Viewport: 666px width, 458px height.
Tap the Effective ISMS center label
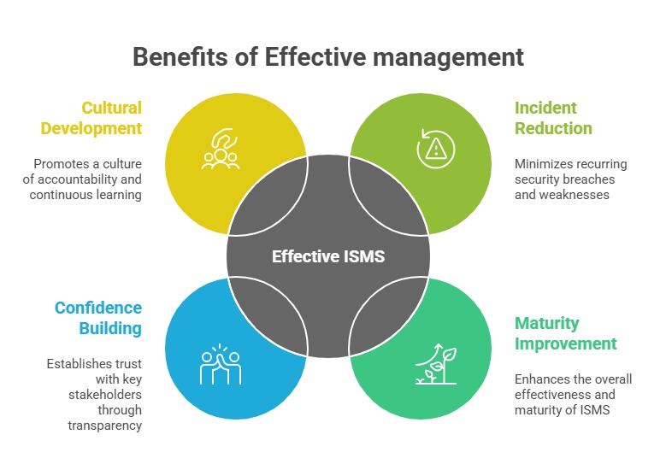click(328, 255)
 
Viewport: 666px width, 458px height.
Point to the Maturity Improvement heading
click(565, 333)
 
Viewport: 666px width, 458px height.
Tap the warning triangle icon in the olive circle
click(436, 148)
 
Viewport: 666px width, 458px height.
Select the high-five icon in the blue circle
click(221, 364)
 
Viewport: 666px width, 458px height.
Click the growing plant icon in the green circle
click(436, 364)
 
